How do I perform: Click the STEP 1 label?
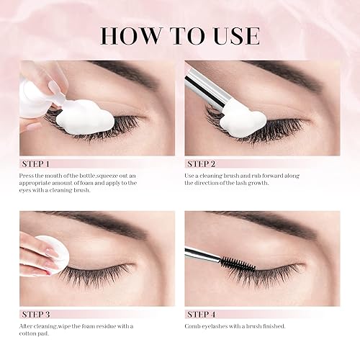coord(34,163)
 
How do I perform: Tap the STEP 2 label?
coord(202,163)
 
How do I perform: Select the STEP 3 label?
coord(34,314)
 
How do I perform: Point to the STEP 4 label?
coord(202,314)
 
